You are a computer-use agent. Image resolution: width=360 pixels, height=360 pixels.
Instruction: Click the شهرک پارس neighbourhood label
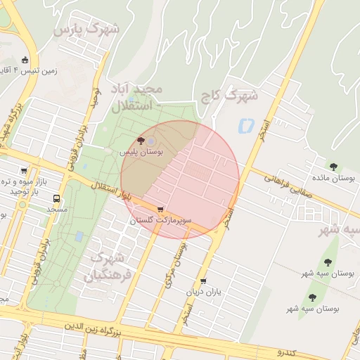click(x=87, y=30)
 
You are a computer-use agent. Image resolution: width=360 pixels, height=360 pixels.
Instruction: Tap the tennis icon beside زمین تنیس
click(x=26, y=60)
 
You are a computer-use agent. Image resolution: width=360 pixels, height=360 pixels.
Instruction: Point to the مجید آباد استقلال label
click(x=136, y=98)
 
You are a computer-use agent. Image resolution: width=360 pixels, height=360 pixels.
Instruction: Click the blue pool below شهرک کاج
click(x=246, y=127)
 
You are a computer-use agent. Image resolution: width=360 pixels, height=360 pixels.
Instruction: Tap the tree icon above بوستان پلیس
click(x=143, y=141)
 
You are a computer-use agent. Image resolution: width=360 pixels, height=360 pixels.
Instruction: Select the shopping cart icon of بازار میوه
click(x=25, y=170)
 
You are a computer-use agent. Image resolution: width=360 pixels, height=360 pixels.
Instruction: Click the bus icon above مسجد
click(x=56, y=198)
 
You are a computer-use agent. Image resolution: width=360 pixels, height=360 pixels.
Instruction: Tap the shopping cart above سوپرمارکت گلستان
click(x=161, y=210)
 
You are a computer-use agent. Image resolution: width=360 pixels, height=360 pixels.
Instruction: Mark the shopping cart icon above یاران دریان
click(x=203, y=281)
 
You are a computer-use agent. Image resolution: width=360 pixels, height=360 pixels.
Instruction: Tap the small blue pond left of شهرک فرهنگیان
click(x=79, y=236)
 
